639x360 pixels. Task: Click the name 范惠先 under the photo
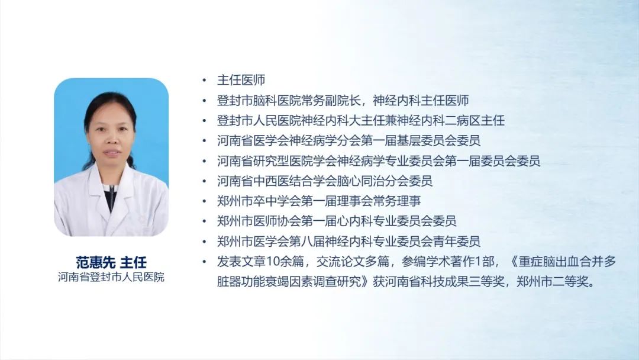[95, 262]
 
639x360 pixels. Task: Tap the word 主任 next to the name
[133, 262]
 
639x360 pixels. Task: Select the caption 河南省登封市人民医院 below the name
[111, 277]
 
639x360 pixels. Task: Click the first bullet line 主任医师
[241, 80]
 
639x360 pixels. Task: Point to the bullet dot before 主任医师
[205, 81]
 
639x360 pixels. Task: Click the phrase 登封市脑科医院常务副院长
[289, 100]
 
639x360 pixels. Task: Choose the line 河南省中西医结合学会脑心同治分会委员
[324, 181]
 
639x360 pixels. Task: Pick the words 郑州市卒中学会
[259, 201]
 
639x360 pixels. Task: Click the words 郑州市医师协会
[259, 221]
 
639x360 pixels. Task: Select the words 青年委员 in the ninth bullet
[456, 242]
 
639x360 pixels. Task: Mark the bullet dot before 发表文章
[205, 262]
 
